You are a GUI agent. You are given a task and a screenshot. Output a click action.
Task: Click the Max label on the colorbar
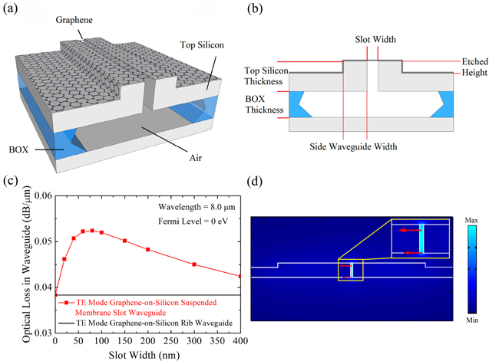pyautogui.click(x=471, y=222)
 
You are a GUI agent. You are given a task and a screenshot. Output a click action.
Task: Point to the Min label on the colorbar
pyautogui.click(x=471, y=320)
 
